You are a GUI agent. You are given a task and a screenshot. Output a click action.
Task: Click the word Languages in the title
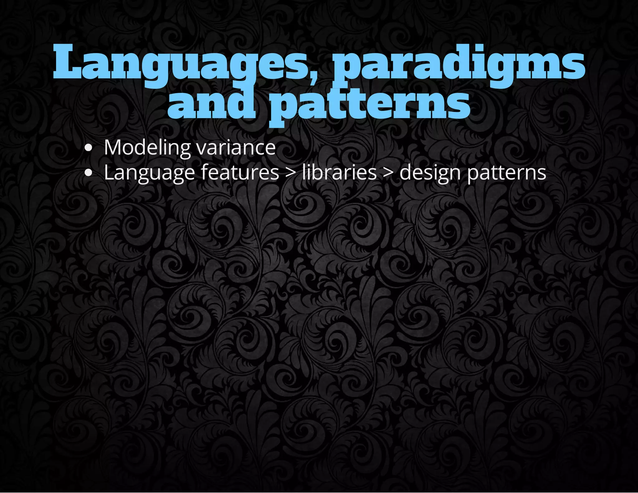[x=181, y=64]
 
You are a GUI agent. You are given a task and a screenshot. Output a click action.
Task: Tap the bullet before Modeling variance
[x=89, y=148]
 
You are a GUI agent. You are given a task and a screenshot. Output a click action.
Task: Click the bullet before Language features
[x=89, y=173]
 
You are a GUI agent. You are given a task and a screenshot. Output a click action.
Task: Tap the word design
[x=430, y=173]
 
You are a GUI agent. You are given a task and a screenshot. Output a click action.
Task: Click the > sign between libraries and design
[x=388, y=173]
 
